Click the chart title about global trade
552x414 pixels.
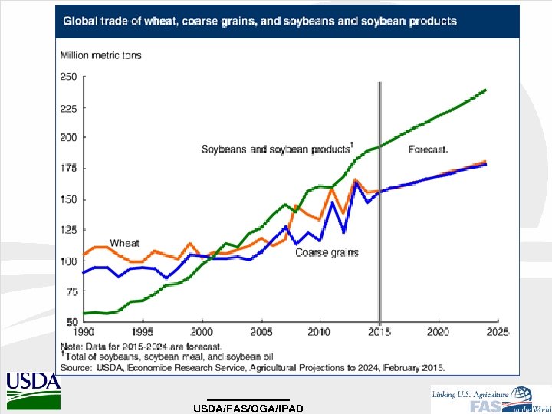[x=259, y=21]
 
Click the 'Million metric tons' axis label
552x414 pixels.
[x=100, y=55]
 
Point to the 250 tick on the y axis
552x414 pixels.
[x=68, y=77]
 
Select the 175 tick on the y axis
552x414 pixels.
[x=68, y=169]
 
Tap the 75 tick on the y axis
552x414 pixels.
[x=71, y=291]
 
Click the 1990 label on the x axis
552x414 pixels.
[x=84, y=332]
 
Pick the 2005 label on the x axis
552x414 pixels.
[x=261, y=332]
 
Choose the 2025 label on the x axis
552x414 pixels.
[x=498, y=332]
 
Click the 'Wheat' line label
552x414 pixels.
[x=124, y=243]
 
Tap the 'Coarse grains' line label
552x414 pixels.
[x=327, y=252]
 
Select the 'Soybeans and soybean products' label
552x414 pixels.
[x=276, y=149]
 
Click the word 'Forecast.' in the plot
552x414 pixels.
[x=429, y=149]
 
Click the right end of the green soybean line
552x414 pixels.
[x=485, y=90]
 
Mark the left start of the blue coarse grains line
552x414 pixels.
[x=84, y=271]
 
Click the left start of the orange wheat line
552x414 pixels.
[x=84, y=254]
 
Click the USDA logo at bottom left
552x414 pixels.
[x=33, y=391]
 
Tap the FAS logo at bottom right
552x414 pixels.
[x=491, y=399]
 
